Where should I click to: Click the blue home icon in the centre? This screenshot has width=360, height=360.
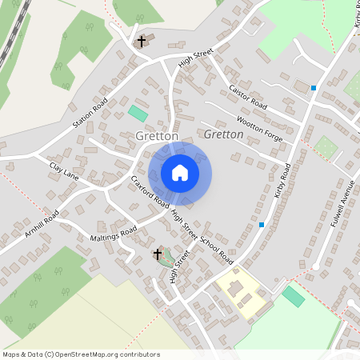pos(180,173)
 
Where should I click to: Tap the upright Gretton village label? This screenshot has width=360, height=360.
pos(157,137)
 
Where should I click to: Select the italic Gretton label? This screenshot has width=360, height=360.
pos(223,135)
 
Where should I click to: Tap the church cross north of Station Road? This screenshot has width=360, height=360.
pos(142,41)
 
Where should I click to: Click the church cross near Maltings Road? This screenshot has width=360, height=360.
pos(158,254)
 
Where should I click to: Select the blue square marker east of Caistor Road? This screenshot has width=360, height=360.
pos(314,87)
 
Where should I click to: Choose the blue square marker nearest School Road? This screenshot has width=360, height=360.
pos(262,225)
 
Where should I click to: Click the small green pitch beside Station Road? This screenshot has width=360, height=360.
pos(137,114)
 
